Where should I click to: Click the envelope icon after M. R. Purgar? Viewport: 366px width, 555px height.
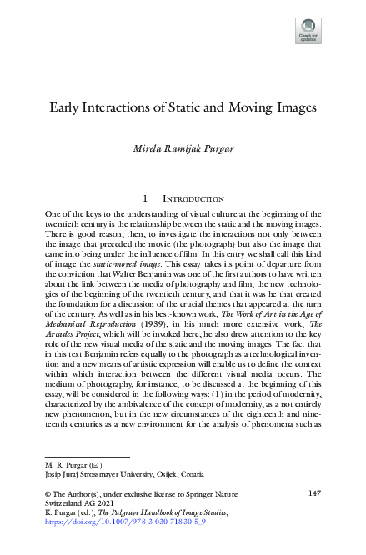[86, 462]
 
